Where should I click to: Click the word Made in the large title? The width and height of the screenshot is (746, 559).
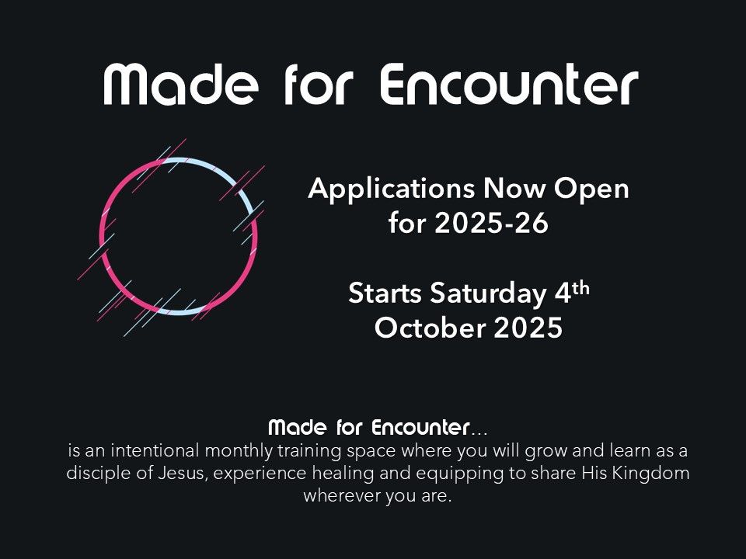coord(181,84)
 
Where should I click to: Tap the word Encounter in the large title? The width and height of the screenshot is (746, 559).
coord(509,84)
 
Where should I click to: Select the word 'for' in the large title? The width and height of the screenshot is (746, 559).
coord(319,84)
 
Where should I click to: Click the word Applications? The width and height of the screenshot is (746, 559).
coord(391,189)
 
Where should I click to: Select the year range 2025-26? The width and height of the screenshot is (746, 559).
coord(491,223)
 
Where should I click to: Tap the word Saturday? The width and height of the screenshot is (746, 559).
coord(488,294)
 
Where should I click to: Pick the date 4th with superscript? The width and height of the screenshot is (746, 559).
coord(572,292)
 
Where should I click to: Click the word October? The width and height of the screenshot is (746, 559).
coord(433,328)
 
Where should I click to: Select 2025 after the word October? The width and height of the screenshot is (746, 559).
coord(528,328)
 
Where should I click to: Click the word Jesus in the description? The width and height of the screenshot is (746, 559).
coord(182,473)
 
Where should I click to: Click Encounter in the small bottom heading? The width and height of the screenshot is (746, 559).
coord(420,427)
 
